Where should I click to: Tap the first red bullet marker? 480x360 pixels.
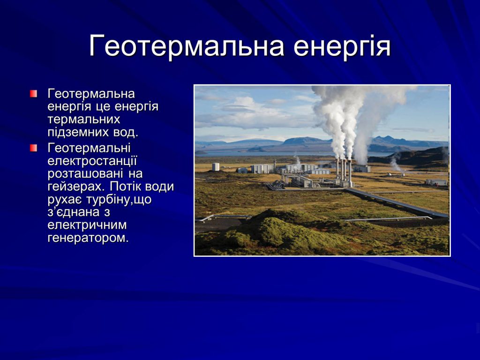[33, 94]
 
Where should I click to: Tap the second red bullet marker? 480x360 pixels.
[33, 149]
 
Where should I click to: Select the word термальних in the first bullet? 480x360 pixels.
[84, 120]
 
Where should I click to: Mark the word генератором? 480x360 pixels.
[87, 237]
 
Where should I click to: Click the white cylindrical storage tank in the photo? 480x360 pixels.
[216, 167]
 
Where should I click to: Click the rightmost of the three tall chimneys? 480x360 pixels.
[350, 172]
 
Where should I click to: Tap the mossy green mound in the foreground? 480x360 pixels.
[281, 230]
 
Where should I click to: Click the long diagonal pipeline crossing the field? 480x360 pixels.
[394, 202]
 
